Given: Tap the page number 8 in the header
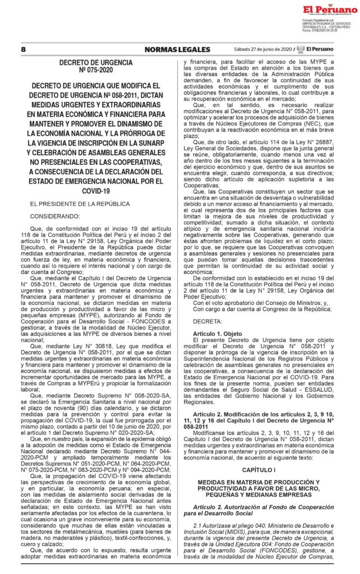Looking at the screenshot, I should click(x=24, y=49).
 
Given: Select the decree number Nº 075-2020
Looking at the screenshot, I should click(x=96, y=71).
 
